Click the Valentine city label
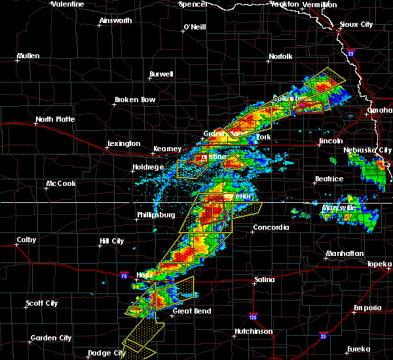[x=67, y=4]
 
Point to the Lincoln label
[x=331, y=141]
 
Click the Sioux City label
[x=356, y=24]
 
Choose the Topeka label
[x=379, y=263]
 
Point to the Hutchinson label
[x=253, y=332]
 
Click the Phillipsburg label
[x=157, y=214]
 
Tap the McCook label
[x=61, y=183]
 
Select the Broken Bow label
[x=135, y=99]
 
